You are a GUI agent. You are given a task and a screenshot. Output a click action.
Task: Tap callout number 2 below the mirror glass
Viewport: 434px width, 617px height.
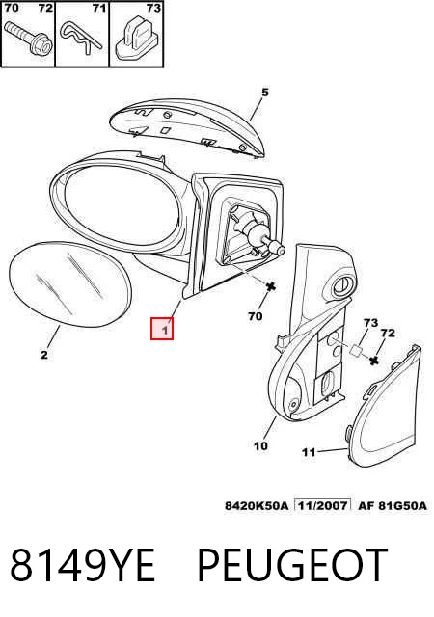pos(44,355)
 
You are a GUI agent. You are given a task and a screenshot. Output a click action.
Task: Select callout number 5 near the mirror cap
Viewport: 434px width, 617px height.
pos(265,93)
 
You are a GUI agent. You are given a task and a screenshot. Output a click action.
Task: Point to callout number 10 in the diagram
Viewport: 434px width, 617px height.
pos(260,445)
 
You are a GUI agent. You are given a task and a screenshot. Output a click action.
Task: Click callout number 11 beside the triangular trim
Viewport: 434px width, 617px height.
pos(309,452)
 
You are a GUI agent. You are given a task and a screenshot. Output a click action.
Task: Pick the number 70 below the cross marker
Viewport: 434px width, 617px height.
pos(256,316)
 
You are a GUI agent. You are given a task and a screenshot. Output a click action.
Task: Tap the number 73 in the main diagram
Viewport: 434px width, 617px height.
pos(370,323)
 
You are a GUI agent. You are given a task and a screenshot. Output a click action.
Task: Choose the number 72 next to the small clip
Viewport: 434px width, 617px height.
pos(388,334)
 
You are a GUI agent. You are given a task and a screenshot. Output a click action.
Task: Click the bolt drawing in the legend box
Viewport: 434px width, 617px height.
pos(28,39)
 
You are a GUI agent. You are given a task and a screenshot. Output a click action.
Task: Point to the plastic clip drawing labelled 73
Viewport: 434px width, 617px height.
pos(137,38)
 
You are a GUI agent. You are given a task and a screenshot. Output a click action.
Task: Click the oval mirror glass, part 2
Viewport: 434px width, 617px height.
pos(69,284)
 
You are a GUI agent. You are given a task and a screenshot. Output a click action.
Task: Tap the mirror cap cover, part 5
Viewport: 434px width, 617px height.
pos(187,128)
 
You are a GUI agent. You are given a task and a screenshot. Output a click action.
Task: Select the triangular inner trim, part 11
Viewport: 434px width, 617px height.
pos(383,406)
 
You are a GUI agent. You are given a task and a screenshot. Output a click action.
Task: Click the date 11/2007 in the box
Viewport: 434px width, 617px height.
pos(323,505)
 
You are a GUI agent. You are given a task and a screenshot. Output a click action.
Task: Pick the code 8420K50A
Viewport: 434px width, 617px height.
pos(257,505)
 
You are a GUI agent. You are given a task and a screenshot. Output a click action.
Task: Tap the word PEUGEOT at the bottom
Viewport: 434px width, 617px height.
pos(292,565)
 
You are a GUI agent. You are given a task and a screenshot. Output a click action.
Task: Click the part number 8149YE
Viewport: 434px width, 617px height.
pos(82,565)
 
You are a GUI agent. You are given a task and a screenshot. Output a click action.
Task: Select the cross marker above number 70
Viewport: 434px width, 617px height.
pos(271,287)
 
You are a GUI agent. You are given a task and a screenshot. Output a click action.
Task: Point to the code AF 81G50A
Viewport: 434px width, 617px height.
pos(393,505)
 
